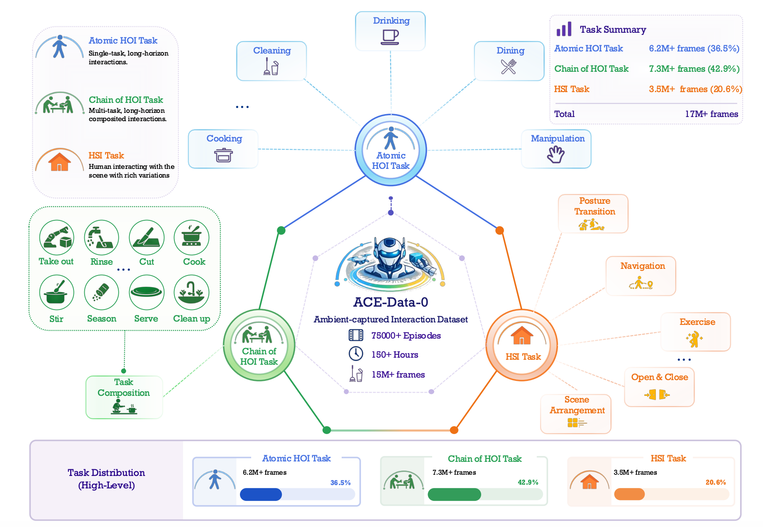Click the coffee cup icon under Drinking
(x=390, y=37)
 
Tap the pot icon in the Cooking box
(x=223, y=155)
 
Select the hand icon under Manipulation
(x=556, y=154)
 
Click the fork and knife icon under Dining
(x=509, y=66)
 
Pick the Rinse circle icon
(x=102, y=237)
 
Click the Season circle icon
(x=102, y=293)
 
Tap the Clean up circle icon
(x=191, y=293)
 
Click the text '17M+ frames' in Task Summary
(x=712, y=114)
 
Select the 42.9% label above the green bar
(x=528, y=482)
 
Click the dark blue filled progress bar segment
(x=261, y=494)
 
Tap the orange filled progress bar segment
(x=629, y=494)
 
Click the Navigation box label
(x=643, y=266)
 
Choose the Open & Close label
(x=660, y=377)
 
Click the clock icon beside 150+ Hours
(x=356, y=354)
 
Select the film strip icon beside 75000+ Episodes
(x=356, y=335)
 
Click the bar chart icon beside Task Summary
(x=564, y=29)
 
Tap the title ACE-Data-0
(x=391, y=302)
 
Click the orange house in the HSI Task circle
(x=522, y=335)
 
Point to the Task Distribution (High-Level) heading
(x=106, y=479)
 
